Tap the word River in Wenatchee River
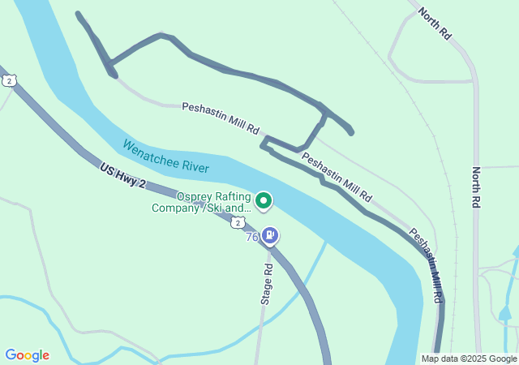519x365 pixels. [195, 167]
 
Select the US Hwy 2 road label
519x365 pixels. [122, 177]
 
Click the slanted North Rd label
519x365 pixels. [435, 24]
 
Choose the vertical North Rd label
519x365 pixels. [476, 188]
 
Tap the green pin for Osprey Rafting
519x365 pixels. [264, 200]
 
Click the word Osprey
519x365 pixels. [195, 196]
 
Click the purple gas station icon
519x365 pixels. [270, 236]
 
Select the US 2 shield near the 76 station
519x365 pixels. [237, 221]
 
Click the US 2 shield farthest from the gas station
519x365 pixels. [8, 79]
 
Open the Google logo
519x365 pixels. [27, 355]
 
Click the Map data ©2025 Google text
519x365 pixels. [469, 359]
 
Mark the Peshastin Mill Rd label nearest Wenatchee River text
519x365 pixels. [220, 118]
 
